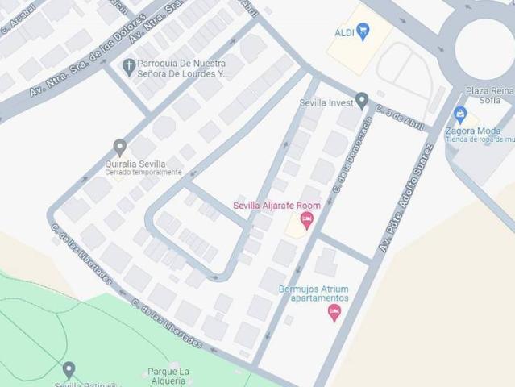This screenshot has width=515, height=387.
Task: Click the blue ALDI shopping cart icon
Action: (x=363, y=31)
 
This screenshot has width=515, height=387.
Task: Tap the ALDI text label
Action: (x=344, y=32)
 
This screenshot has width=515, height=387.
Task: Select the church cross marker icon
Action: (x=128, y=66)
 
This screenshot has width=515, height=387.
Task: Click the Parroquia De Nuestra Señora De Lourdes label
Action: (x=181, y=68)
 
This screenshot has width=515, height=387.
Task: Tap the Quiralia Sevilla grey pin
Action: (x=120, y=148)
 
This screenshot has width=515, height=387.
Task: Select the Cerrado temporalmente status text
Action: (x=143, y=173)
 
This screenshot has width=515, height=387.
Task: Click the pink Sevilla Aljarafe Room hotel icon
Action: (x=306, y=220)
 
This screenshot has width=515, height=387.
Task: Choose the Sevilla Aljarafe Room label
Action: (x=276, y=206)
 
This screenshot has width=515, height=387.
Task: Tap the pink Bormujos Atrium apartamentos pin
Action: (x=334, y=312)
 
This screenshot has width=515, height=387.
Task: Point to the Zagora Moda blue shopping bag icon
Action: (x=460, y=114)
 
